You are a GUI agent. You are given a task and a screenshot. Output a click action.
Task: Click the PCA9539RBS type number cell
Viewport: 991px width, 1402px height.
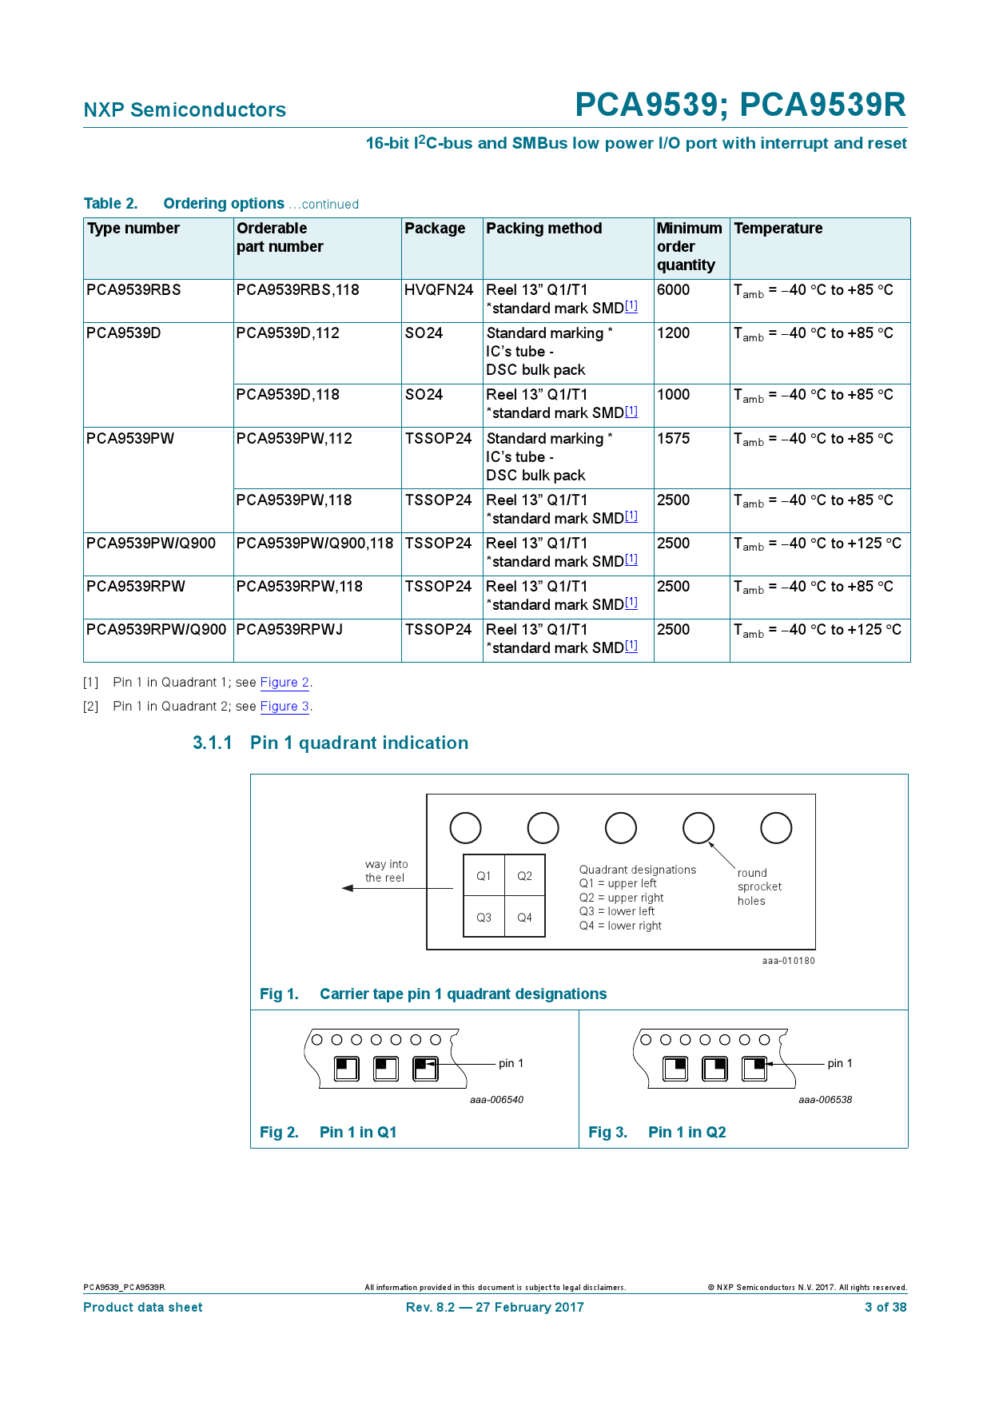[x=133, y=290]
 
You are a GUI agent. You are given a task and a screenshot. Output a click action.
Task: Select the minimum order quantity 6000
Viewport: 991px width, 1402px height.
[x=673, y=290]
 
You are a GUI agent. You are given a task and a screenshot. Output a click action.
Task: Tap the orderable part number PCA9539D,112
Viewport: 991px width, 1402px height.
[x=288, y=333]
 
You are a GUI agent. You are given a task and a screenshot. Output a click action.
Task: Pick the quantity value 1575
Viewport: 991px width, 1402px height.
[x=673, y=439]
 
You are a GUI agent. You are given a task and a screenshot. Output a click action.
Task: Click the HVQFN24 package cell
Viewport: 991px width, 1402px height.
[x=439, y=290]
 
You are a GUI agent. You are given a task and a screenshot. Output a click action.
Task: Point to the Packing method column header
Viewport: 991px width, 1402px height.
[x=543, y=229]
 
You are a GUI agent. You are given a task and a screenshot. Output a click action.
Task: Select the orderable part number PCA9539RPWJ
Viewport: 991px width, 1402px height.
[x=289, y=630]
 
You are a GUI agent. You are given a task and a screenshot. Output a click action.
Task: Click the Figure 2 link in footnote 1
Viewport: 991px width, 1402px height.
[x=285, y=683]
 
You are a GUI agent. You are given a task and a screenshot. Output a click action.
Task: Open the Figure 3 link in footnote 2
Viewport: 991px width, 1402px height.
[x=285, y=707]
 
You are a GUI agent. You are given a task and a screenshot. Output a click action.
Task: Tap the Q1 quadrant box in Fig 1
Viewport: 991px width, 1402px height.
[x=484, y=876]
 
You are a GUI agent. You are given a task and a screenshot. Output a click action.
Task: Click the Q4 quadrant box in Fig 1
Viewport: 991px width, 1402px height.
[x=524, y=918]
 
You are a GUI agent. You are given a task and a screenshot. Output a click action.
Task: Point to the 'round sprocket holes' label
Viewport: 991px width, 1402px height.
[x=758, y=887]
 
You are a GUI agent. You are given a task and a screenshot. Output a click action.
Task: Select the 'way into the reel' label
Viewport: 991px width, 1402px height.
[x=386, y=871]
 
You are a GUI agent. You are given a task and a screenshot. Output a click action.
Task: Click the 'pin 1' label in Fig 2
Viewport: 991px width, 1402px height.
[x=511, y=1064]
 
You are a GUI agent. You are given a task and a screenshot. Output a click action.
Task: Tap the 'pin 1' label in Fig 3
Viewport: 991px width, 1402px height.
[x=839, y=1064]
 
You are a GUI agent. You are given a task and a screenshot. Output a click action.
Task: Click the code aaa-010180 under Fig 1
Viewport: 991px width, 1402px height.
[x=788, y=961]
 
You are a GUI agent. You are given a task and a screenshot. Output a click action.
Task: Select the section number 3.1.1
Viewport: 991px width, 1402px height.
[x=212, y=743]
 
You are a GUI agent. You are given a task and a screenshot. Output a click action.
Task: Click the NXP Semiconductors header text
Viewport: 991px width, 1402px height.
[x=185, y=110]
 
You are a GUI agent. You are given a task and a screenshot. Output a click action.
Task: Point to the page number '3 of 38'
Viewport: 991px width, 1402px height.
[x=885, y=1308]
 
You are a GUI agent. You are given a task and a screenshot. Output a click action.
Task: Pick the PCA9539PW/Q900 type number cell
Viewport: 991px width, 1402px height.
[x=151, y=544]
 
